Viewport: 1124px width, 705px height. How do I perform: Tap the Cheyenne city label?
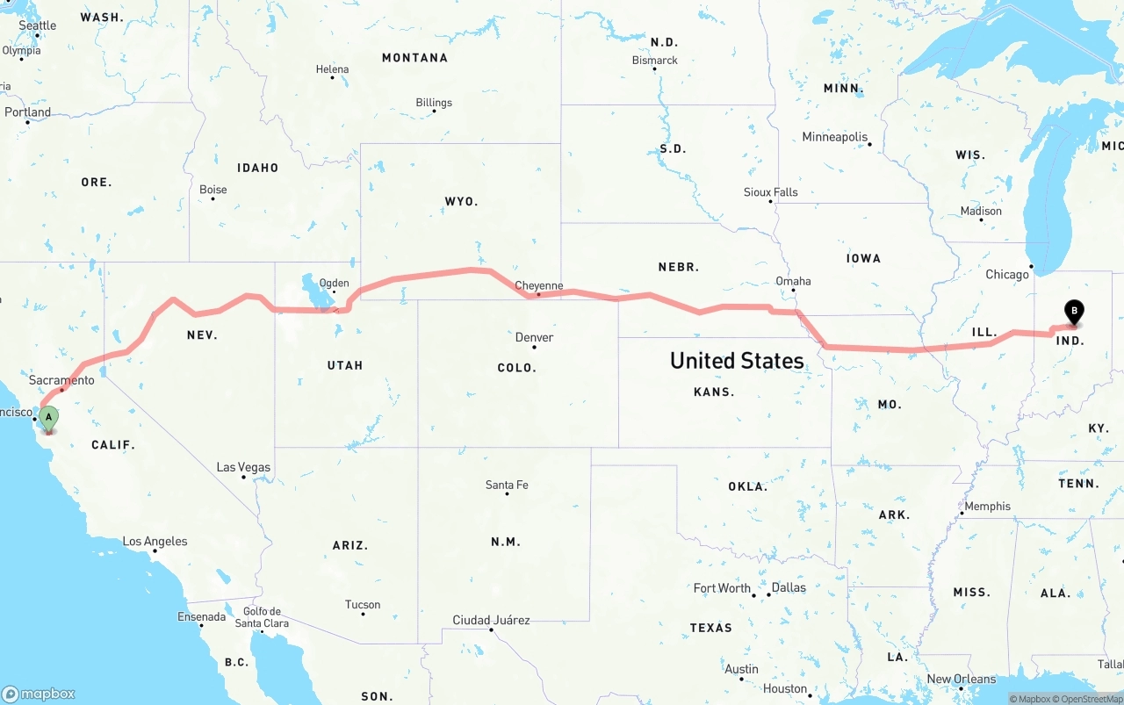538,285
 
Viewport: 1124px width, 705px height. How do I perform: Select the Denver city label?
534,337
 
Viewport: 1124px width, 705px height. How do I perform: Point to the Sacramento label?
61,380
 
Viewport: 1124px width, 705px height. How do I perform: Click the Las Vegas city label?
243,467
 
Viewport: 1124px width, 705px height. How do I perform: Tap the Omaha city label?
793,281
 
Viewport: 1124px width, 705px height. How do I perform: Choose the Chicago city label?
1006,274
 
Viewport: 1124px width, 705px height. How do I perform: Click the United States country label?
737,360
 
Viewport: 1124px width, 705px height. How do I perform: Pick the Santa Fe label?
507,485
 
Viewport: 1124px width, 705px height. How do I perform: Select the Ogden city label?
334,283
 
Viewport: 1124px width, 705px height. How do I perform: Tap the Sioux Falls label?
770,191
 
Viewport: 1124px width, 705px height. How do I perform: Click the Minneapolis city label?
834,137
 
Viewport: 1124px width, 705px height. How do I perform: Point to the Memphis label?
987,506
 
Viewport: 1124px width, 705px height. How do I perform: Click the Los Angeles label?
155,541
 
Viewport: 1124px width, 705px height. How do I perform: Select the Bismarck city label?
655,61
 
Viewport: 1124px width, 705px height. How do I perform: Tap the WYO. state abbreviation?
461,201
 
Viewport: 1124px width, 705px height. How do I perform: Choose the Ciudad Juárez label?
491,620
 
